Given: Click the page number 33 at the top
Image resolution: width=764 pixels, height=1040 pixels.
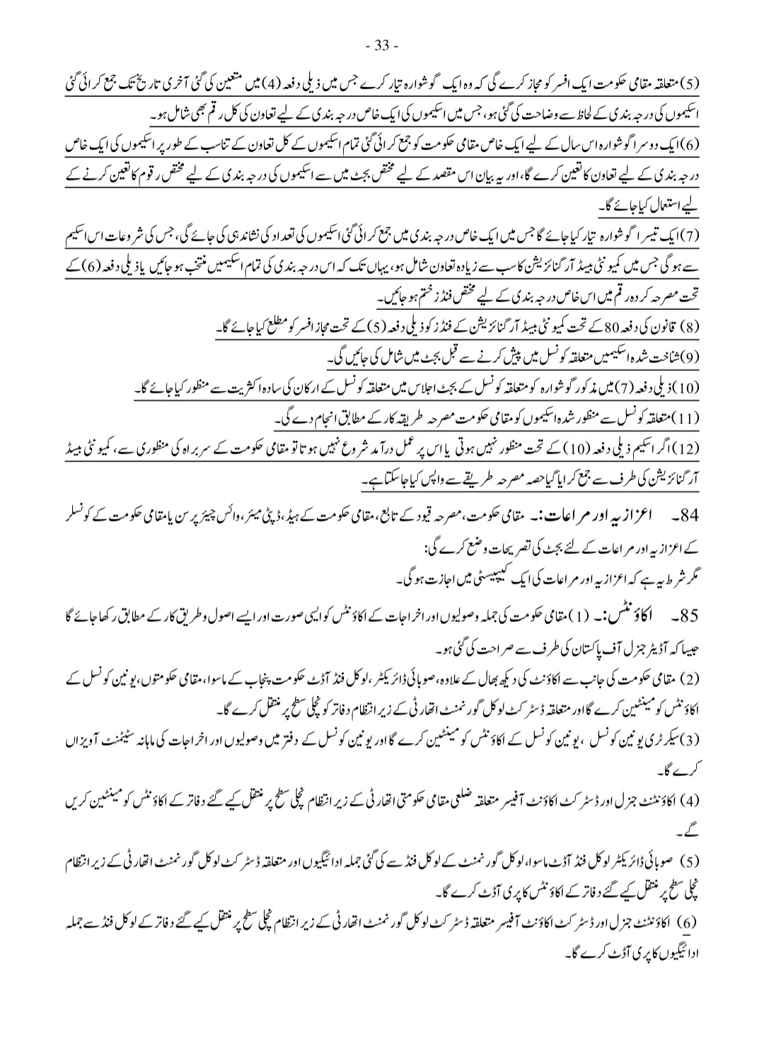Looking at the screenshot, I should pyautogui.click(x=382, y=47).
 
